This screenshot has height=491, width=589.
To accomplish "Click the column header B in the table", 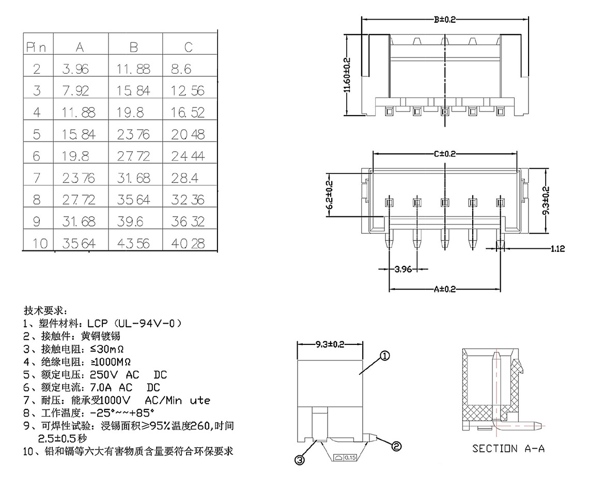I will [x=134, y=47].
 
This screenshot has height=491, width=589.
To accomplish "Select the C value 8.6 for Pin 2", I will [x=181, y=69].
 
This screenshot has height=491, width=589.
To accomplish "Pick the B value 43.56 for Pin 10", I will [x=133, y=243].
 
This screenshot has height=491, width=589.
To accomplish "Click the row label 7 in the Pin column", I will [x=37, y=178].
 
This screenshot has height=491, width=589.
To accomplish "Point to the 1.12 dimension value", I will [x=557, y=249].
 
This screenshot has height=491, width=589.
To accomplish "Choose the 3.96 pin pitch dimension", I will [x=404, y=269].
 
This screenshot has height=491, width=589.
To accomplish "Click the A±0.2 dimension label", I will [x=444, y=289].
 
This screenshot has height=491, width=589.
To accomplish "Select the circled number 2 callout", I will [x=396, y=446].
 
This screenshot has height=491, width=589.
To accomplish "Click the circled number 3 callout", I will [x=300, y=460].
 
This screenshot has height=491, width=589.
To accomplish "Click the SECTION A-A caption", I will [x=508, y=448].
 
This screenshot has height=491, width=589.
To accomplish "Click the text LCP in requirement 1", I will [x=97, y=324].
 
